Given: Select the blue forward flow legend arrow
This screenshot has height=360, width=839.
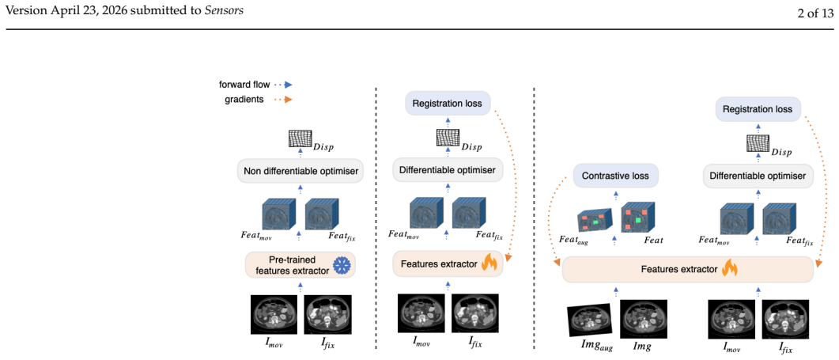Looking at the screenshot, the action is pyautogui.click(x=282, y=85).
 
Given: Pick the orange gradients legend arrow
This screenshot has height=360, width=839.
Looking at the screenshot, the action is pyautogui.click(x=282, y=99).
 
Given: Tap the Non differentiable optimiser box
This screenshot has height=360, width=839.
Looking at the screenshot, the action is pyautogui.click(x=300, y=172).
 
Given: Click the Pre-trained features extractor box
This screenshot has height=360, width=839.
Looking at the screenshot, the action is pyautogui.click(x=300, y=265).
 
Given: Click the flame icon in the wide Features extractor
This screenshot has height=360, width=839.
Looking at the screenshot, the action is pyautogui.click(x=730, y=268).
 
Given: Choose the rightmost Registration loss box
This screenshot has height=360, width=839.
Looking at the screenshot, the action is pyautogui.click(x=757, y=108).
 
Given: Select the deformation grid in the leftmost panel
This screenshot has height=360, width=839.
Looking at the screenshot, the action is pyautogui.click(x=300, y=138).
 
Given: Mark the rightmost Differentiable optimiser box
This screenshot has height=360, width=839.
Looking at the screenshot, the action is pyautogui.click(x=758, y=176).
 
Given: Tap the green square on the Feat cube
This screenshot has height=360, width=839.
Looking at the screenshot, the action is pyautogui.click(x=638, y=220).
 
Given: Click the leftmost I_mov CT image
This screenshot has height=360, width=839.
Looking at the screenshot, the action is pyautogui.click(x=274, y=314).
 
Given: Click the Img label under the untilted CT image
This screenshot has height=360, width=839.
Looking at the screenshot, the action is pyautogui.click(x=644, y=348).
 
